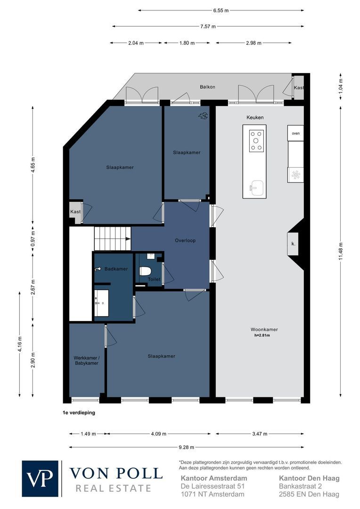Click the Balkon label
(207, 87)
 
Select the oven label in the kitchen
(295, 133)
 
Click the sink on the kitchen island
(256, 187)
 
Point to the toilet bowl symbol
(145, 272)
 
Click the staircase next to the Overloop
(112, 238)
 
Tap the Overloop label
(185, 240)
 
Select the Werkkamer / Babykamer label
(86, 361)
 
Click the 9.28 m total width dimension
(187, 447)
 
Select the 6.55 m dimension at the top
(221, 10)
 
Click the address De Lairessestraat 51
(213, 486)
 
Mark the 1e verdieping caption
(78, 412)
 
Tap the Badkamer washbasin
(101, 304)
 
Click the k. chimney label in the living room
(293, 244)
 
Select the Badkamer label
(116, 269)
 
